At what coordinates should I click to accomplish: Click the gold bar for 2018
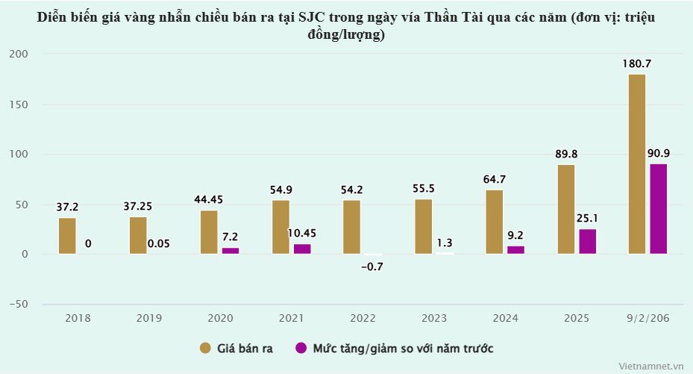(x=67, y=236)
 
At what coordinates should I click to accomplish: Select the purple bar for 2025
(x=588, y=241)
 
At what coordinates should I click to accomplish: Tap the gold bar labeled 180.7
(x=637, y=164)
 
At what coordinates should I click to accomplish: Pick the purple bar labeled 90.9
(x=658, y=209)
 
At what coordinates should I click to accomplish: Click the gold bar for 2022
(x=352, y=227)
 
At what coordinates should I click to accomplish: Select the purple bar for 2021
(x=302, y=249)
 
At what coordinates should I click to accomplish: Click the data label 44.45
(x=209, y=199)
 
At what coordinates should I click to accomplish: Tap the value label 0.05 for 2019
(x=158, y=243)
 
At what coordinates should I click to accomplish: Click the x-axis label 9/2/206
(x=647, y=319)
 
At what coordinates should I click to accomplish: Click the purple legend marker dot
(x=301, y=348)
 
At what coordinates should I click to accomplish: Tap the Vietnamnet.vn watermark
(x=650, y=366)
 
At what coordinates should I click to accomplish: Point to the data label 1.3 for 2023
(x=445, y=243)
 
